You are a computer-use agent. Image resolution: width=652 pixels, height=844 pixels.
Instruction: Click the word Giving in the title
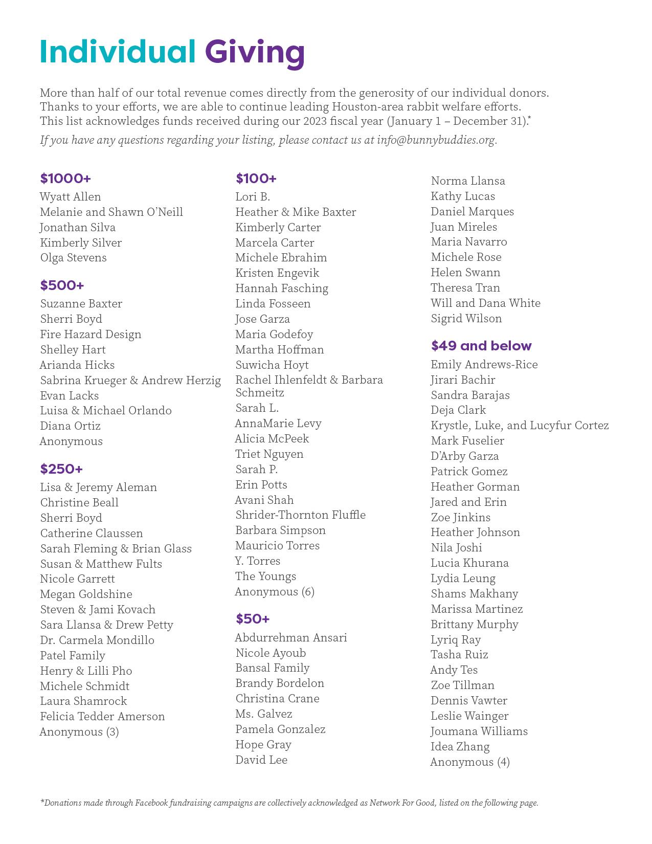(x=255, y=52)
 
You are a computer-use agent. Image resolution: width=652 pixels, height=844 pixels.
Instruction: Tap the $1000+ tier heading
(x=65, y=179)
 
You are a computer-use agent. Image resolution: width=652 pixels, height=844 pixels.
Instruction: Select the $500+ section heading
(x=62, y=285)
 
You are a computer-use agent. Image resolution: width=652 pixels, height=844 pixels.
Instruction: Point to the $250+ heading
(x=61, y=469)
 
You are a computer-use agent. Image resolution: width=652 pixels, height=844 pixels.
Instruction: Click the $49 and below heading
(x=481, y=346)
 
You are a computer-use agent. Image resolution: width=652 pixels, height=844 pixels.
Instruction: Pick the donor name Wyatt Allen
(x=71, y=197)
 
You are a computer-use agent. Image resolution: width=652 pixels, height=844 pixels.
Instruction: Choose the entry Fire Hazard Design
(x=91, y=335)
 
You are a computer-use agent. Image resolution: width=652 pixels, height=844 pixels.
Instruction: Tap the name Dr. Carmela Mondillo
(x=97, y=640)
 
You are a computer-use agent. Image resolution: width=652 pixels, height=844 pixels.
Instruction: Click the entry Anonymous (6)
(x=275, y=592)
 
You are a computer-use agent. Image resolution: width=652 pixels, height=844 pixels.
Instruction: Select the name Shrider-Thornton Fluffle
(x=300, y=515)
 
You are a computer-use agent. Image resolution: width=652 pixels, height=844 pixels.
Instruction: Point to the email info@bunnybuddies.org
(x=436, y=140)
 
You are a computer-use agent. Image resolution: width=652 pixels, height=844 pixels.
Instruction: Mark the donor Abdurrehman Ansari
(x=291, y=638)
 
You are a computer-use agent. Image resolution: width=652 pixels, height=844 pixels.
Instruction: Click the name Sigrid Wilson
(x=466, y=319)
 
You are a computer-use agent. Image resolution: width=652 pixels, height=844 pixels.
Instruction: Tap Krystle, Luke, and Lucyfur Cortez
(x=520, y=426)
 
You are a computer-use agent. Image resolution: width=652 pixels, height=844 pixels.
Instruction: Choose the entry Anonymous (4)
(x=470, y=762)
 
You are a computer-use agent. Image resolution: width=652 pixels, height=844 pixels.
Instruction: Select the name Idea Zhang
(x=460, y=747)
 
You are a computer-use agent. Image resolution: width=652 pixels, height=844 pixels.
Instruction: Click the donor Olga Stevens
(x=74, y=258)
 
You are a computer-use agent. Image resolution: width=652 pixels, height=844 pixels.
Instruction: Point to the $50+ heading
(x=253, y=619)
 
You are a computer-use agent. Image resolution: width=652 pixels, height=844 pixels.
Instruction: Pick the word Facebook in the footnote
(x=151, y=803)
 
